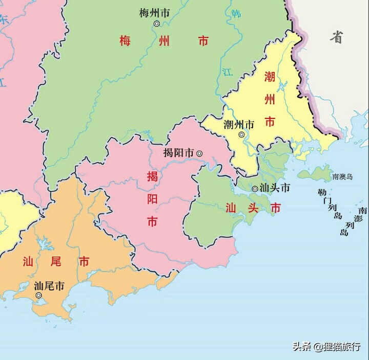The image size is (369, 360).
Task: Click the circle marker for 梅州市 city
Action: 156,24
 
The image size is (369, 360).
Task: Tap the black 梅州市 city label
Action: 154,13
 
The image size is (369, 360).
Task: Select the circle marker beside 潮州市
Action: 241,134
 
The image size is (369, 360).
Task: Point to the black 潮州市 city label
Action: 239,124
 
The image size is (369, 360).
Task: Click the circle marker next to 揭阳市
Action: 199,153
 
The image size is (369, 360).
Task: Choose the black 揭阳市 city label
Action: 178,153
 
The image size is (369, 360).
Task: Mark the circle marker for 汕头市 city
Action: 255,189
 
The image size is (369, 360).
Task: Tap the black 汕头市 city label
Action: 275,188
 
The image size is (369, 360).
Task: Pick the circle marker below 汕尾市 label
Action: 38,295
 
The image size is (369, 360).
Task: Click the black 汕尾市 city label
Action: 49,286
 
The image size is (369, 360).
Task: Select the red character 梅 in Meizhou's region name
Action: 126,41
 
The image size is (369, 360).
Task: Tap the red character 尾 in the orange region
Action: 56,262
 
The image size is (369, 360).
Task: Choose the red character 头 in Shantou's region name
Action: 254,208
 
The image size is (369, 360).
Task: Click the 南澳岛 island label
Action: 342,177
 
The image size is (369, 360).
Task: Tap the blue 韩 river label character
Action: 236,14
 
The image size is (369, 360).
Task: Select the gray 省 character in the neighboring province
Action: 336,37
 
